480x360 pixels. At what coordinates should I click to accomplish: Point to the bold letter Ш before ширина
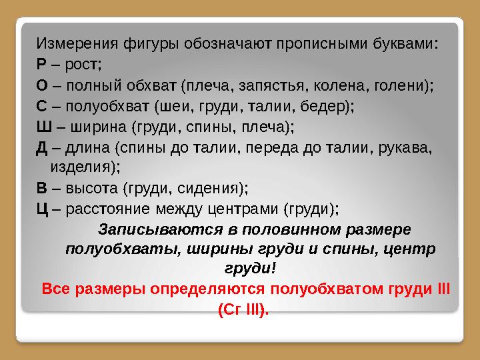[x=43, y=127]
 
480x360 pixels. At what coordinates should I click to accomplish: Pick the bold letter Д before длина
[x=41, y=147]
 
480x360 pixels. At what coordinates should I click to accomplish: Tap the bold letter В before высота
[x=41, y=189]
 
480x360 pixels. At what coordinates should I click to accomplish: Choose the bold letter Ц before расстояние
[x=41, y=209]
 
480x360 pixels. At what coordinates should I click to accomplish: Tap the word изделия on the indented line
[x=85, y=168]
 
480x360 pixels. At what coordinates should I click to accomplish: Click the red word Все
[x=55, y=289]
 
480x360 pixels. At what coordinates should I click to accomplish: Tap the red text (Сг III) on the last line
[x=244, y=309]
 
